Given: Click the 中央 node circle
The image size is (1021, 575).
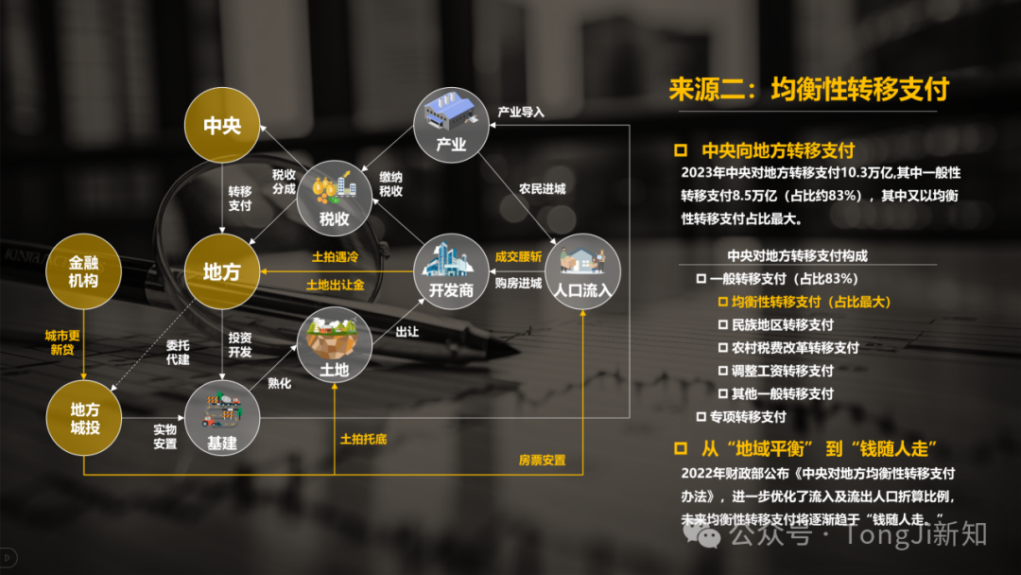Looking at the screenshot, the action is (222, 125).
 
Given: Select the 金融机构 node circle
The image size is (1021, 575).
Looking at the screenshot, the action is (83, 270).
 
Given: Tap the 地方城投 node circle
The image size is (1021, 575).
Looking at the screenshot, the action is (84, 417).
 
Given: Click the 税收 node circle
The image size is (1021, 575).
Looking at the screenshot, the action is (334, 198).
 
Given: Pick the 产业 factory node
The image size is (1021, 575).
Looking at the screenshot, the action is (451, 125).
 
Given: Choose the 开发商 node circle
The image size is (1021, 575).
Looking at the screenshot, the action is (451, 270).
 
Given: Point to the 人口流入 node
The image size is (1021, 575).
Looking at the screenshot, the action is (582, 270).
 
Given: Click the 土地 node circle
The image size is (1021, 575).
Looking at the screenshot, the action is (334, 344).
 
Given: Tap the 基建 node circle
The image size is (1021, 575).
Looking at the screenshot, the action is (222, 417).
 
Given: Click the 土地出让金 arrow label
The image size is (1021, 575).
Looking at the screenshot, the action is (336, 286).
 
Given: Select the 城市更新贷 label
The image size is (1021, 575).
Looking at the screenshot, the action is (62, 342).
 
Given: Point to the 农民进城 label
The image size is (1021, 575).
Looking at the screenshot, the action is (543, 189).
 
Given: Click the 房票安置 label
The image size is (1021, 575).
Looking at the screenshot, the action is (543, 461).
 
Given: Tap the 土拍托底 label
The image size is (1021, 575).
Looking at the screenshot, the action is (363, 439).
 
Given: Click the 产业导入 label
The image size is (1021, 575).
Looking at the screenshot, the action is (521, 112).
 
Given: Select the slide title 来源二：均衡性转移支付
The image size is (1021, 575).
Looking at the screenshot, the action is (808, 89).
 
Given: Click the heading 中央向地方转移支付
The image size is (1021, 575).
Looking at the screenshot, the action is (778, 151).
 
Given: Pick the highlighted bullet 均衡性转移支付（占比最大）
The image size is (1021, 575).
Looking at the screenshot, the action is (811, 302).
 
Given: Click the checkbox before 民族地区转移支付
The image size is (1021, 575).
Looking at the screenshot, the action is (723, 324).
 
